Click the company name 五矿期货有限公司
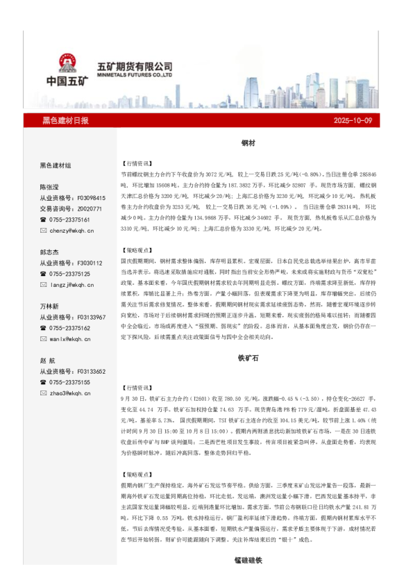(x=135, y=65)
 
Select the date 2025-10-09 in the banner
(x=353, y=121)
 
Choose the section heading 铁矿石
(x=248, y=361)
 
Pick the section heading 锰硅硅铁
(x=248, y=559)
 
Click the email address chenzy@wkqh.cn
(x=71, y=230)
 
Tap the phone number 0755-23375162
(x=71, y=328)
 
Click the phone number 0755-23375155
(x=71, y=382)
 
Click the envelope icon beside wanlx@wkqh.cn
(x=44, y=339)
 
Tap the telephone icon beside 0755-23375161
(x=44, y=220)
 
